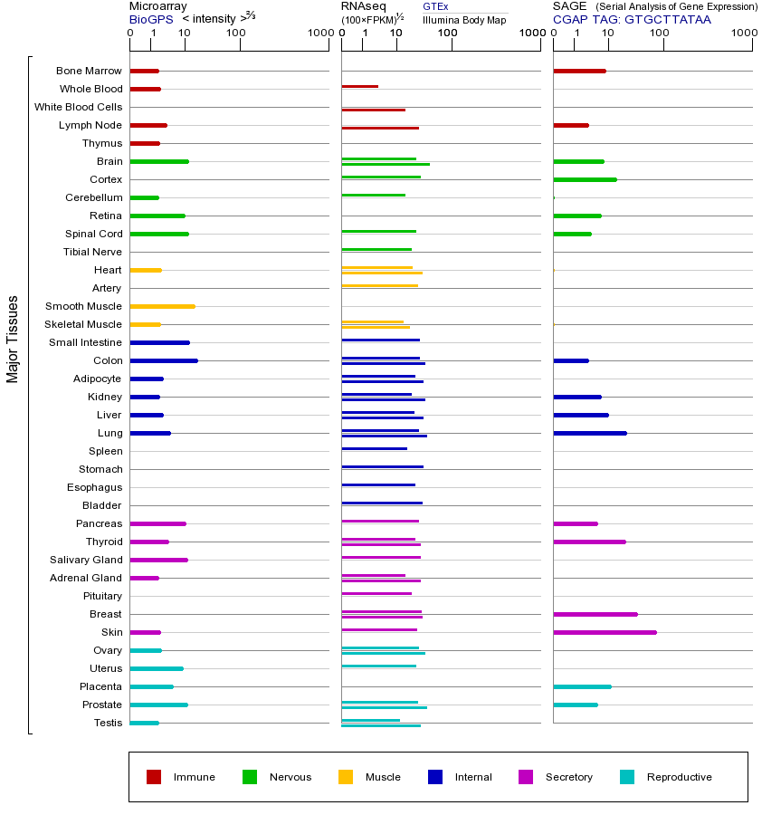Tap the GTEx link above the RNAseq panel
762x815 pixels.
click(435, 6)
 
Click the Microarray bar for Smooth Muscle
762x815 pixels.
click(163, 306)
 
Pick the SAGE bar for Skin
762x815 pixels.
click(605, 632)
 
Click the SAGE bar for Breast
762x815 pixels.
click(595, 614)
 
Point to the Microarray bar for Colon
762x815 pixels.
click(164, 360)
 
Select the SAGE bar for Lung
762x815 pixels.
click(590, 433)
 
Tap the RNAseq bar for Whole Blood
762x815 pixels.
click(360, 86)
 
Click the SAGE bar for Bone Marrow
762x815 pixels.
click(579, 71)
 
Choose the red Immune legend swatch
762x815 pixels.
click(154, 777)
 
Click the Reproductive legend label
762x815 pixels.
click(679, 777)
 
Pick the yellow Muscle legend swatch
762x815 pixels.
click(346, 777)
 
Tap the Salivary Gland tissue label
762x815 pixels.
click(86, 560)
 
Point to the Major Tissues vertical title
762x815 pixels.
click(13, 339)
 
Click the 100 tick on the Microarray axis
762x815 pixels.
click(236, 34)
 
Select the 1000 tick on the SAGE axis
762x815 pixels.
click(743, 34)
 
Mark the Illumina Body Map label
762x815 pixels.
click(464, 19)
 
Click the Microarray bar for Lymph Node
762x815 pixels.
click(148, 125)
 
